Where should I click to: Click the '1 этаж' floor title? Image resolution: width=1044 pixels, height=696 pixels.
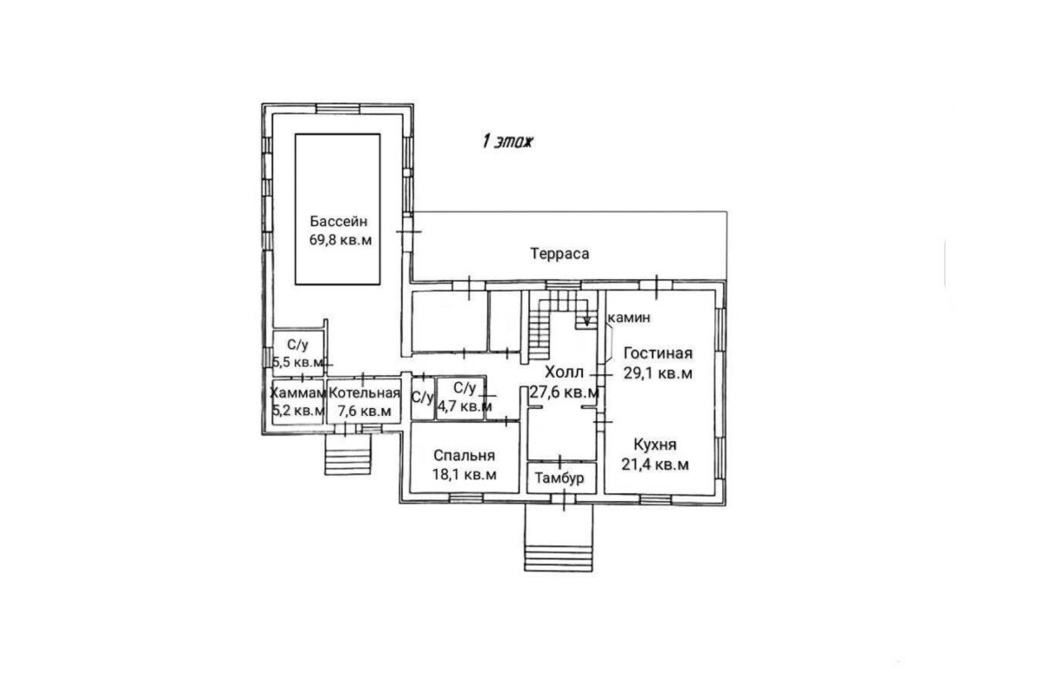tap(507, 141)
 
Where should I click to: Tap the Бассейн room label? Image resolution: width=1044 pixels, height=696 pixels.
tap(338, 220)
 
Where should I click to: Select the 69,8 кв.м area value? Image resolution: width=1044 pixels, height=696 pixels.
tap(341, 240)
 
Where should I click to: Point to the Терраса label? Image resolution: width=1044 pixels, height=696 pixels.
tap(559, 253)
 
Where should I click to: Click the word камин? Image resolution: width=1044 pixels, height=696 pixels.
tap(629, 318)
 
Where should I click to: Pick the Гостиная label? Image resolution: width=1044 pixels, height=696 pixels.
tap(658, 353)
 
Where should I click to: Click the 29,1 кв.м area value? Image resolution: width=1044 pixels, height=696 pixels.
tap(658, 373)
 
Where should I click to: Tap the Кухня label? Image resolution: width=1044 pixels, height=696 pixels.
tap(655, 445)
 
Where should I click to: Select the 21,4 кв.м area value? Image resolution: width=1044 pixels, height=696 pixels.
tap(655, 465)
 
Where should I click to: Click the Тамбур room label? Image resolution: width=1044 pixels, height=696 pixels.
tap(559, 478)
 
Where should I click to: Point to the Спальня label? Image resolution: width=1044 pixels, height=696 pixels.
tap(465, 455)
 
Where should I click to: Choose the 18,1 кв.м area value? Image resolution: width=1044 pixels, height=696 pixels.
tap(465, 474)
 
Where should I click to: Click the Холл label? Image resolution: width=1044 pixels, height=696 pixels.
tap(564, 372)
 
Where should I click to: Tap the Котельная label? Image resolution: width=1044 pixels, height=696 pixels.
tap(365, 393)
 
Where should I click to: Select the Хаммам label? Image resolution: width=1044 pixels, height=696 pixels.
tap(298, 393)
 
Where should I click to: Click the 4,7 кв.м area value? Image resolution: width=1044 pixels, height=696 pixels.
tap(465, 406)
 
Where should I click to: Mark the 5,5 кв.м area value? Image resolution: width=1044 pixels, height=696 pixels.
tap(298, 362)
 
